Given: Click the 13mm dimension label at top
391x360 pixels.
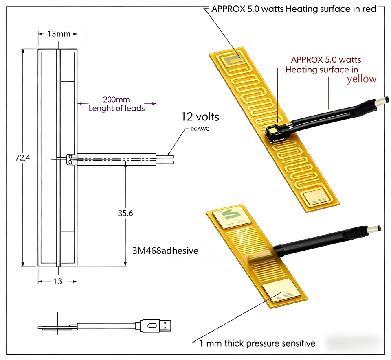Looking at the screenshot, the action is [59, 34].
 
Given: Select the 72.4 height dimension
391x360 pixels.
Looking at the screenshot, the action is [22, 157].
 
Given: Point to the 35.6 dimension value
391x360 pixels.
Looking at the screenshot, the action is [125, 213].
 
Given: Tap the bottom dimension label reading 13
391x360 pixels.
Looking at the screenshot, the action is [57, 281].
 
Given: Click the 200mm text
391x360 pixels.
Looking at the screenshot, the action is [116, 100].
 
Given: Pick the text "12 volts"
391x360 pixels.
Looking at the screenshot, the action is [200, 117].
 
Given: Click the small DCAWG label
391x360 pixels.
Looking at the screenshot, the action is [200, 129].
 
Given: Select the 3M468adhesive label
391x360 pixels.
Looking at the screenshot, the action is [165, 251].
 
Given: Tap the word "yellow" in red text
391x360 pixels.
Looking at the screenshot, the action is [362, 79].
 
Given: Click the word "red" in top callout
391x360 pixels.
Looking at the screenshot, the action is [369, 9].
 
